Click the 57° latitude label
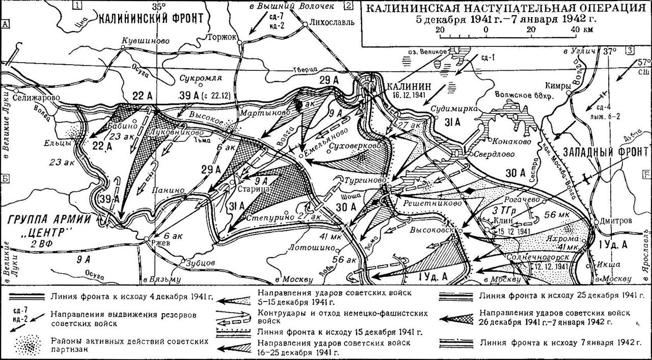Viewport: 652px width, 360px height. click(643, 62)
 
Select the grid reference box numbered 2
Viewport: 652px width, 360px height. click(348, 6)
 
